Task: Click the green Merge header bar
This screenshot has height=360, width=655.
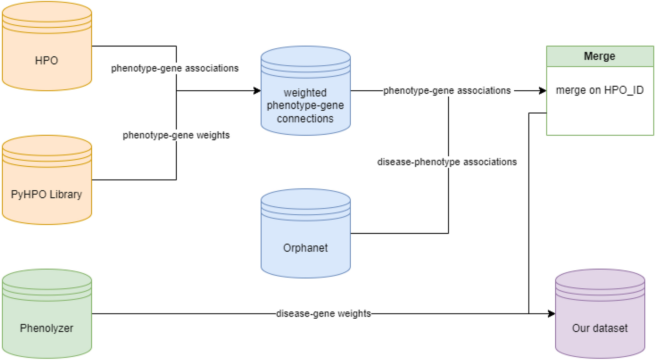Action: click(x=600, y=56)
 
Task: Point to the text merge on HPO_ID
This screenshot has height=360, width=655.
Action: click(x=600, y=90)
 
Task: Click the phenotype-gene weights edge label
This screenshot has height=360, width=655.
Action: click(x=176, y=135)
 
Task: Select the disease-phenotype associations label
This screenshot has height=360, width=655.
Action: click(x=447, y=162)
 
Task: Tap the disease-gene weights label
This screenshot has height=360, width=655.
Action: click(x=323, y=314)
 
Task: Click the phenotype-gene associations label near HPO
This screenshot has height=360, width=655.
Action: click(x=175, y=68)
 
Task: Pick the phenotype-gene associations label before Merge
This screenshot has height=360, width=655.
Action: click(x=447, y=91)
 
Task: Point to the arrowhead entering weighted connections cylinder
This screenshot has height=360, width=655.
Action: click(x=257, y=91)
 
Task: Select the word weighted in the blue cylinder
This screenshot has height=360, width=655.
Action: click(x=305, y=93)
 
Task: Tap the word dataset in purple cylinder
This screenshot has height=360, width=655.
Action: click(x=610, y=328)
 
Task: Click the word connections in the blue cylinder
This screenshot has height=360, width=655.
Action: click(x=305, y=119)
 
